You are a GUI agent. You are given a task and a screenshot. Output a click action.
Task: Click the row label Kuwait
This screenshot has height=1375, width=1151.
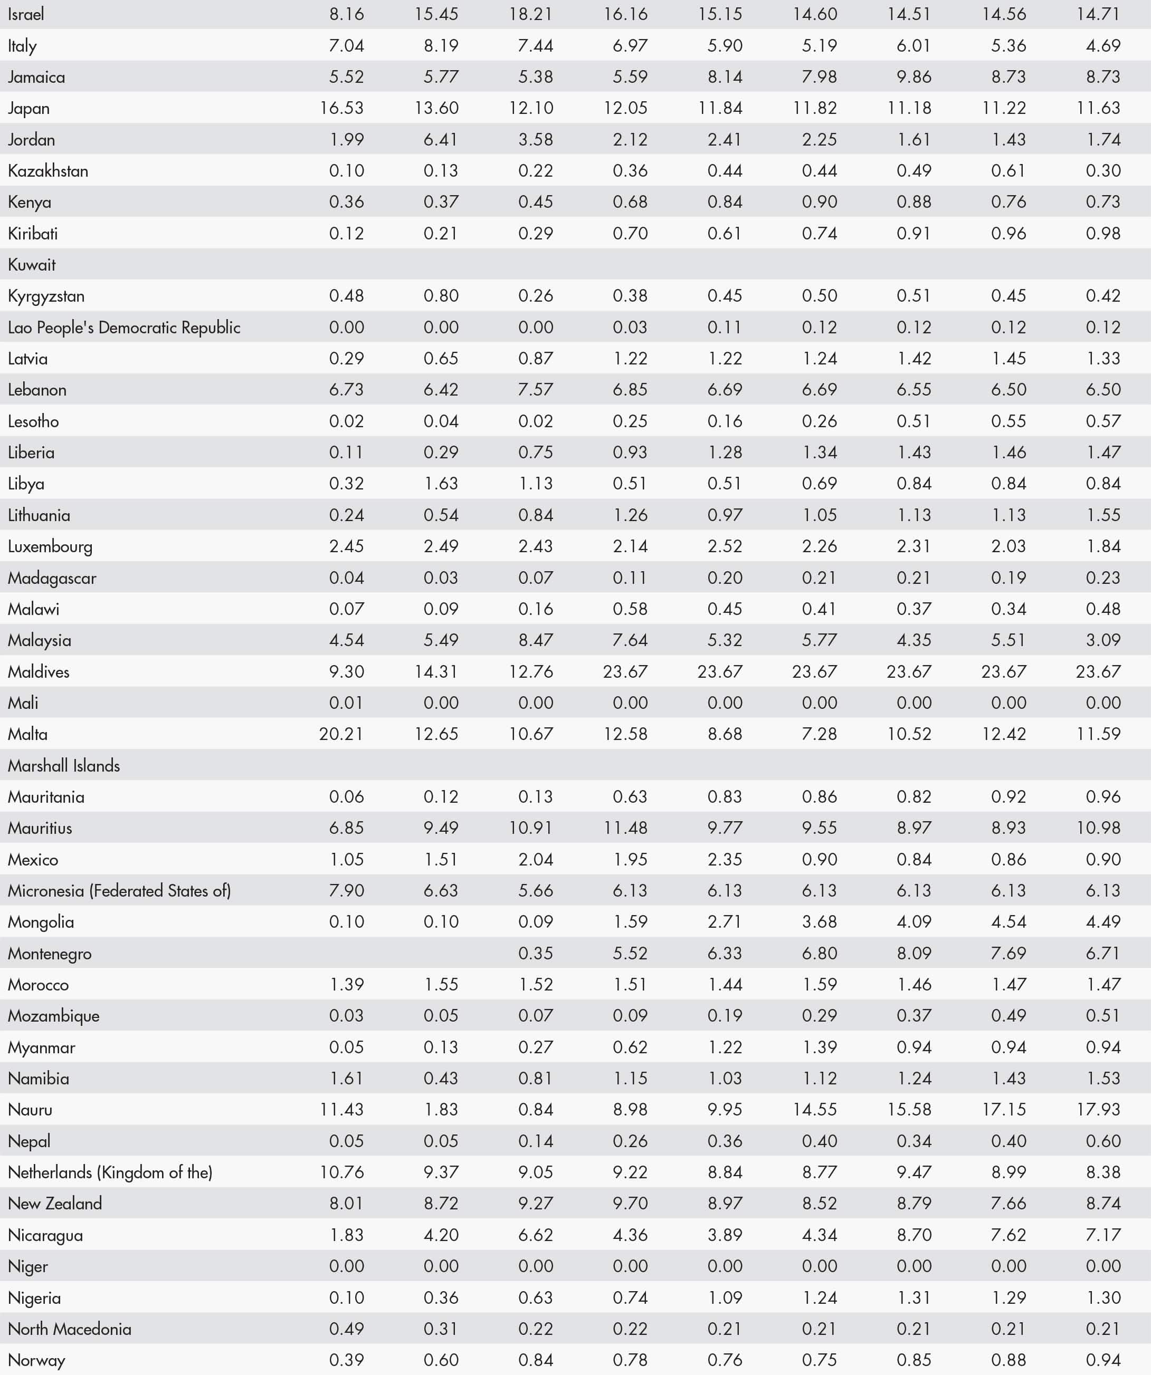32,265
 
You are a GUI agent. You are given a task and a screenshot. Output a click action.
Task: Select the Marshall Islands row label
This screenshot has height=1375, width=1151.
63,765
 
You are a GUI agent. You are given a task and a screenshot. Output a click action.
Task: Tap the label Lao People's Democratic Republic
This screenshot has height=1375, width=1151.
124,328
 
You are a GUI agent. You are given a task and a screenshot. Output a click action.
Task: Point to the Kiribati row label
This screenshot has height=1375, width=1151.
33,233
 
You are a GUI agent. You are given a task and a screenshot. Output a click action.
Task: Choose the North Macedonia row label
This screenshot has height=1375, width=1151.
70,1329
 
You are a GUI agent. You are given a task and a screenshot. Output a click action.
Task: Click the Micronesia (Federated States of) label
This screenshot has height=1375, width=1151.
119,890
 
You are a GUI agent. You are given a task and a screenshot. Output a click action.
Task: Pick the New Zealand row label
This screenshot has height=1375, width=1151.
55,1204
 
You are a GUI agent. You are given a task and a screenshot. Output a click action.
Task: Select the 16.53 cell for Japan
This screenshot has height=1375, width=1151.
341,108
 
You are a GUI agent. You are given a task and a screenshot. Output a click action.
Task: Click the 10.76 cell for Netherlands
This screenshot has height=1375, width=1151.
341,1172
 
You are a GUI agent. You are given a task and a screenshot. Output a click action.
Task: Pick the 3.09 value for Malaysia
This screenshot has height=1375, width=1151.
1103,640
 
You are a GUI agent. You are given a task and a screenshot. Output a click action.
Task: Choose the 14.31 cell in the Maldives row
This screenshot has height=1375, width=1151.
436,671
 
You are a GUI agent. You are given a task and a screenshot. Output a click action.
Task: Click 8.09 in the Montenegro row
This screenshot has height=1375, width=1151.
914,953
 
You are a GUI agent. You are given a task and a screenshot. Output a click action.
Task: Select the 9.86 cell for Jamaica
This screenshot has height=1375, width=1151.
914,76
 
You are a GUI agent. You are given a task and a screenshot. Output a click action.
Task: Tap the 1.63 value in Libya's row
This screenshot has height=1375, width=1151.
441,483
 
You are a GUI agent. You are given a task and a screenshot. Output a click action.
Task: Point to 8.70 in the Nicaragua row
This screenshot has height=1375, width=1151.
914,1235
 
